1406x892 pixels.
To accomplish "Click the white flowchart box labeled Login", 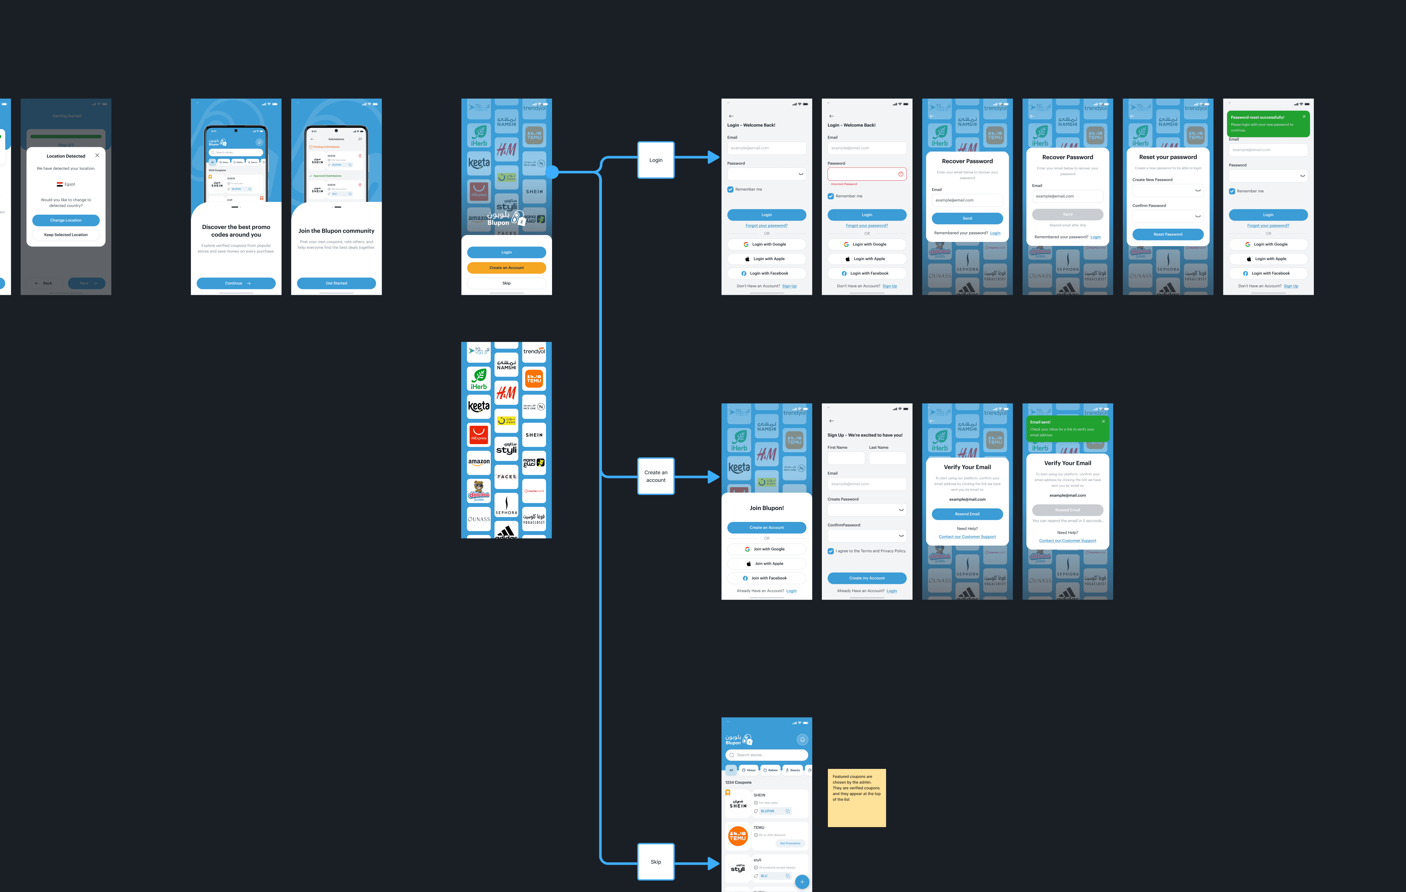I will click(x=656, y=160).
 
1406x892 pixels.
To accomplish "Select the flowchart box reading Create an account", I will click(x=656, y=476).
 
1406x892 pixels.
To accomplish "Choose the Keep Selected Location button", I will click(x=66, y=235).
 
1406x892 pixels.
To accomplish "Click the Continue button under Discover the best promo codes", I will click(x=236, y=283).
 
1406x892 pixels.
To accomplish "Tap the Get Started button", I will click(x=336, y=283).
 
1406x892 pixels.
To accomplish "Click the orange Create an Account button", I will click(x=506, y=267).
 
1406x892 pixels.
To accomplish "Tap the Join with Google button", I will click(x=767, y=549).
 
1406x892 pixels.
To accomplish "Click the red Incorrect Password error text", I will click(x=844, y=184).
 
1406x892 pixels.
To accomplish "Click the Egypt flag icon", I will click(x=59, y=184).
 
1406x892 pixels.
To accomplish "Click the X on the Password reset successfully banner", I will click(x=1304, y=117).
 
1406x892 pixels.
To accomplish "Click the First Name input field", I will click(x=846, y=458).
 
